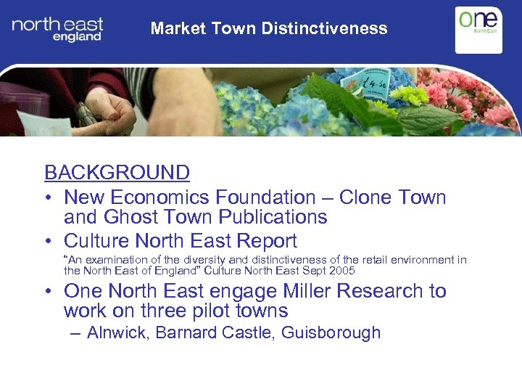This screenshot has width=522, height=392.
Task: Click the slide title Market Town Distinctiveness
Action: (269, 29)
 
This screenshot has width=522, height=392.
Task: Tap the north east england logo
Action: (57, 30)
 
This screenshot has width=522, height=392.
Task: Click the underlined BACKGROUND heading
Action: (117, 173)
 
